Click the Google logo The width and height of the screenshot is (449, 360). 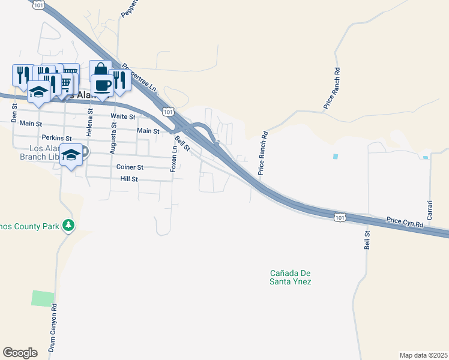pyautogui.click(x=20, y=353)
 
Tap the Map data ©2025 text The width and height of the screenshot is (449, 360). pyautogui.click(x=423, y=355)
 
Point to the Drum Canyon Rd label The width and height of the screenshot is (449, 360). pyautogui.click(x=53, y=327)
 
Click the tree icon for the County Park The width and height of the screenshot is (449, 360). pyautogui.click(x=69, y=226)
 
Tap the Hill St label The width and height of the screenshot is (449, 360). pyautogui.click(x=129, y=179)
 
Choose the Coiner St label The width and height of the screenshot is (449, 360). pyautogui.click(x=130, y=167)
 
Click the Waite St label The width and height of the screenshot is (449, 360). pyautogui.click(x=121, y=116)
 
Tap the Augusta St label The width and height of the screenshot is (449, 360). pyautogui.click(x=113, y=137)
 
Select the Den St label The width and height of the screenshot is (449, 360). pyautogui.click(x=14, y=110)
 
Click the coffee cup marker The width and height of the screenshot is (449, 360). pyautogui.click(x=101, y=85)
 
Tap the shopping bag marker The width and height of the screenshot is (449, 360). pyautogui.click(x=100, y=70)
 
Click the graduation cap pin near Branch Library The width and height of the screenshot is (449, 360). pyautogui.click(x=71, y=155)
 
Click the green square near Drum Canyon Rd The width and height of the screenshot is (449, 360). pyautogui.click(x=43, y=298)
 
